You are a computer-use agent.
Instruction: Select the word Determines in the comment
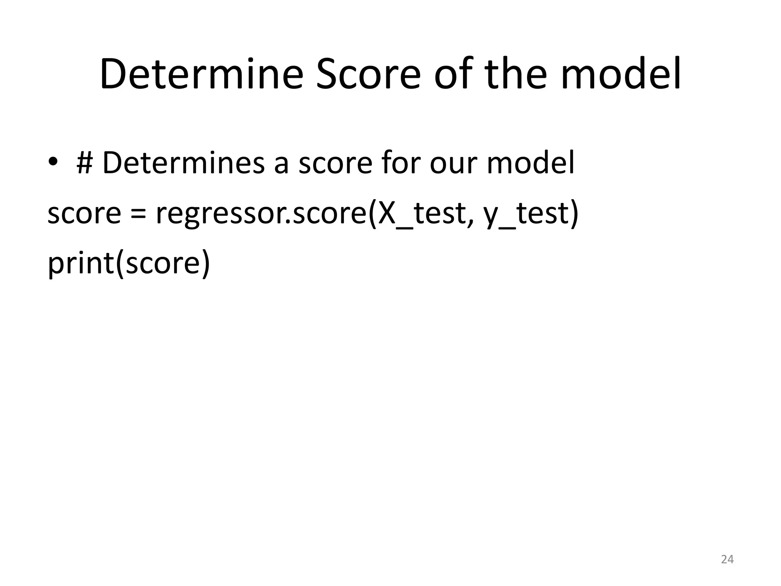coord(183,163)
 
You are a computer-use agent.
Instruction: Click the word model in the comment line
coord(530,163)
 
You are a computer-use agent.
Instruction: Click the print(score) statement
coord(129,264)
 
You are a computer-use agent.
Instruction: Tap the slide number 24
coord(727,559)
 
